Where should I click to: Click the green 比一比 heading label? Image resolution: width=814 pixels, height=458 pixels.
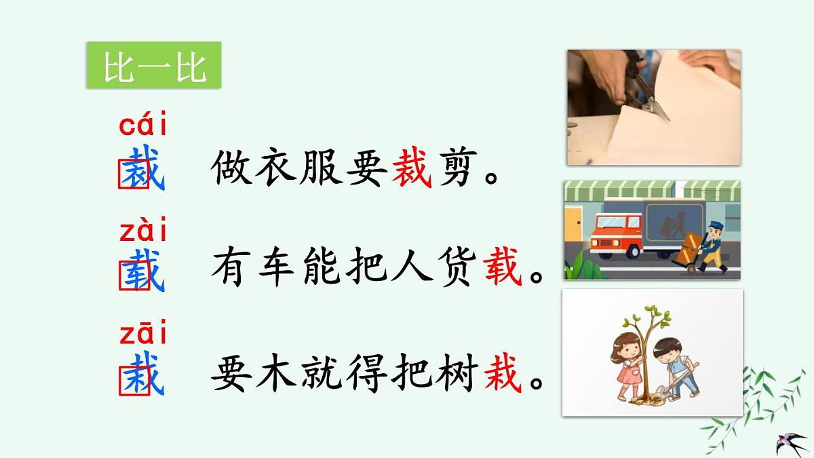154,66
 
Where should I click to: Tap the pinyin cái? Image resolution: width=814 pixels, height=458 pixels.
143,126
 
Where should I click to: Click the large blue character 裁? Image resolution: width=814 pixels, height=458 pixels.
142,168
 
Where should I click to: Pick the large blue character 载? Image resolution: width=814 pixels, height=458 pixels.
142,271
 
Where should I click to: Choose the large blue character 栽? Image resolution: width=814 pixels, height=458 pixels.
142,375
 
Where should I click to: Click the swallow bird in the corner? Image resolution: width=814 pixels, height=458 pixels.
790,443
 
